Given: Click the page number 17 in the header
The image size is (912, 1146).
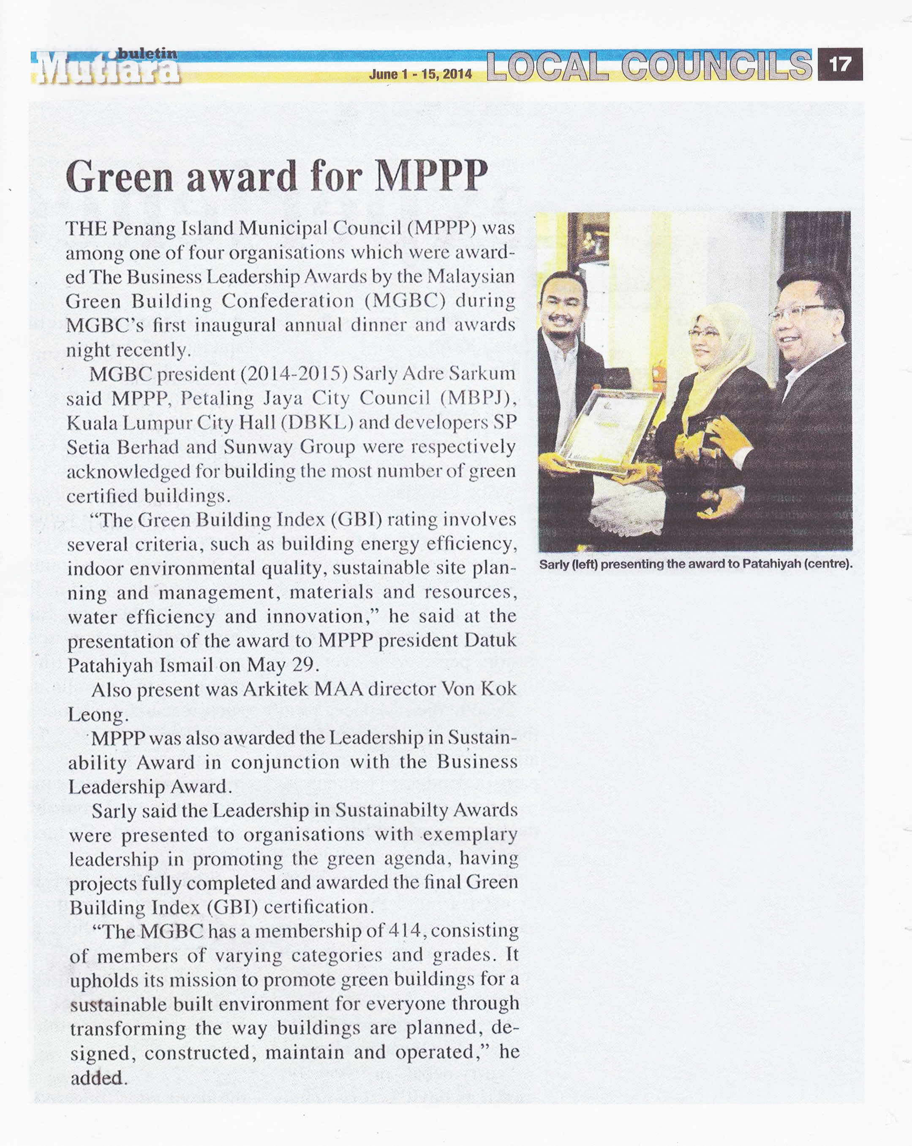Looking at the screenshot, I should pyautogui.click(x=840, y=64).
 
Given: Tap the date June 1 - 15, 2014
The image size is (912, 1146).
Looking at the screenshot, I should pyautogui.click(x=420, y=73).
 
